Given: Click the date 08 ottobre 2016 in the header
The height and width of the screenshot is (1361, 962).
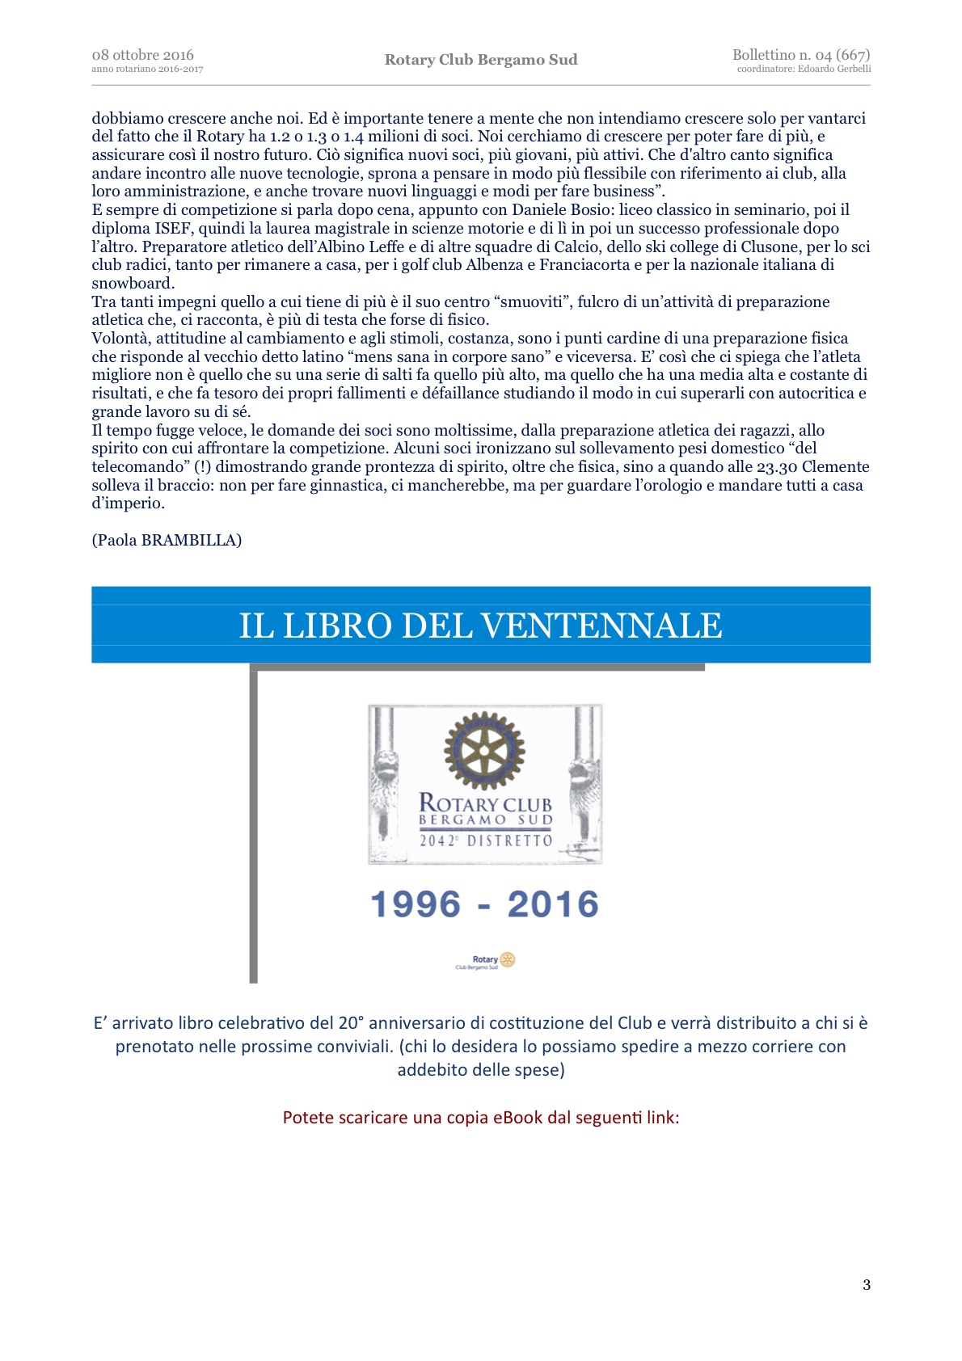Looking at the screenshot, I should [x=142, y=55].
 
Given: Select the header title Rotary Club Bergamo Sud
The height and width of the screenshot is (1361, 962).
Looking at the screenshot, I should [x=481, y=60].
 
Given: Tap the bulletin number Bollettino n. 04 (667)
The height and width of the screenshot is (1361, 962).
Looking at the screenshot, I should [x=800, y=55].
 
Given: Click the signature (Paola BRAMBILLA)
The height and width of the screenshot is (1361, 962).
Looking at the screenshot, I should [x=167, y=540].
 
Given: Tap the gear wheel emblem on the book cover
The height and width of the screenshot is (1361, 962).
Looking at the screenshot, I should [x=484, y=751].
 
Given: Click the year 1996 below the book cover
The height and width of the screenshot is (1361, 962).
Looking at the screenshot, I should [x=416, y=904].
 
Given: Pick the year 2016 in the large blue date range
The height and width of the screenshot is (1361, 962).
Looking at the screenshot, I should [x=553, y=904].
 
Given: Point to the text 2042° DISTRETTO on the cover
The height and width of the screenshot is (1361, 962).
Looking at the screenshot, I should [x=485, y=841].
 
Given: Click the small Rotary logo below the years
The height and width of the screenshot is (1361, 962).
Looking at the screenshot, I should [x=486, y=961].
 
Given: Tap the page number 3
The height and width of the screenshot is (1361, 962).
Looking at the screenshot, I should [x=867, y=1285].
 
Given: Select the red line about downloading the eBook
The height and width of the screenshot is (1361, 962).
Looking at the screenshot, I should [x=481, y=1118].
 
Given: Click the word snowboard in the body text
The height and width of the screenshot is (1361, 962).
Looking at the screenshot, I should [x=133, y=284].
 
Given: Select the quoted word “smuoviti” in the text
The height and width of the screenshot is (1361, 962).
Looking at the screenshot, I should [x=533, y=302].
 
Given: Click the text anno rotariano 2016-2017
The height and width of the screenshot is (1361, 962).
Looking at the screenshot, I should [x=147, y=70].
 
